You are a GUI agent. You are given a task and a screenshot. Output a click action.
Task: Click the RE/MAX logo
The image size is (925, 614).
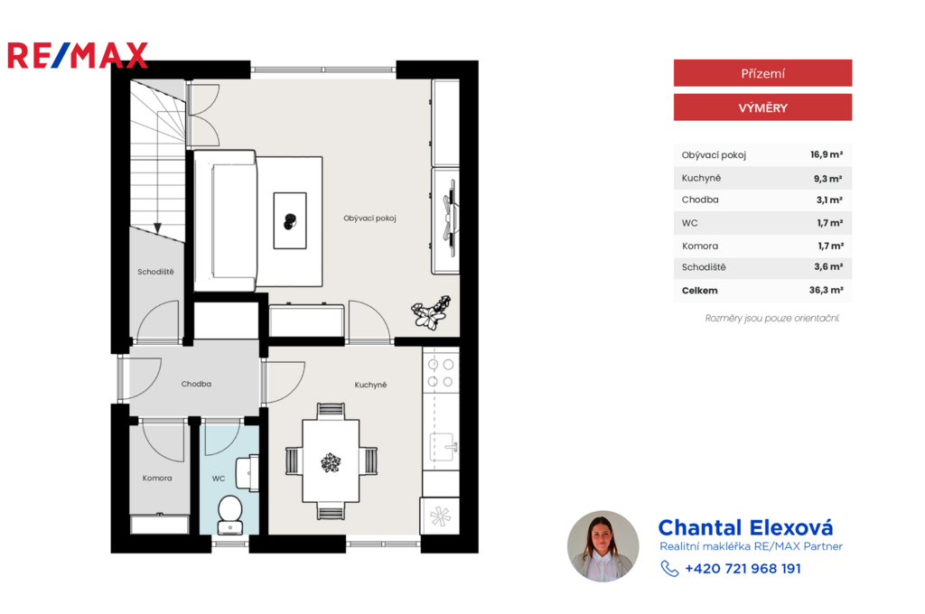pyautogui.click(x=78, y=55)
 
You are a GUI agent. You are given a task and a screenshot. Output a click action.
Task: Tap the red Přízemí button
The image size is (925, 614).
pyautogui.click(x=762, y=73)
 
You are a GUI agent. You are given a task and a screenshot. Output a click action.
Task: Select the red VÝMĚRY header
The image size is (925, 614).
pyautogui.click(x=762, y=107)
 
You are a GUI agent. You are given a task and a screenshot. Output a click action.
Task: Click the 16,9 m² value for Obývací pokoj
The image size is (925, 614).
pyautogui.click(x=827, y=154)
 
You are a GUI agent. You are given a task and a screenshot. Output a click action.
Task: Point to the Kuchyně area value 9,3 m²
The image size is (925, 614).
pyautogui.click(x=828, y=178)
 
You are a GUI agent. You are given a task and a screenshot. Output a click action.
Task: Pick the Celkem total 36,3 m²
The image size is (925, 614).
pyautogui.click(x=826, y=290)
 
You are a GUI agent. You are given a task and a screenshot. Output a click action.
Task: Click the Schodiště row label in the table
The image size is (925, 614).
pyautogui.click(x=704, y=267)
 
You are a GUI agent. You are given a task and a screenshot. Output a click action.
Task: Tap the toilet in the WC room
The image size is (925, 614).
pyautogui.click(x=230, y=515)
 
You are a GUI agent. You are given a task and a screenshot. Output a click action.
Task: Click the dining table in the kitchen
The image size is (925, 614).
pyautogui.click(x=331, y=460)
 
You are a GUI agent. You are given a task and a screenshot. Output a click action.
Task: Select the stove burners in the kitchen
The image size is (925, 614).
pyautogui.click(x=441, y=373)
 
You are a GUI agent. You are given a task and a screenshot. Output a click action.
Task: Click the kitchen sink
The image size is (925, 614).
pyautogui.click(x=443, y=446)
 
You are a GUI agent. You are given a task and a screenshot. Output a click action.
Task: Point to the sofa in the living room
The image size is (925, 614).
pyautogui.click(x=225, y=220)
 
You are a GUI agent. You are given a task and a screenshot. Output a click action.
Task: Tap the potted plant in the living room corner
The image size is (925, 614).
pyautogui.click(x=431, y=312)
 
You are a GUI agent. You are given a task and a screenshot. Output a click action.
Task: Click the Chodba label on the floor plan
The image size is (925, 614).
pyautogui.click(x=196, y=384)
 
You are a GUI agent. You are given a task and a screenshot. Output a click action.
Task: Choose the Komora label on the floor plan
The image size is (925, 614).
pyautogui.click(x=157, y=478)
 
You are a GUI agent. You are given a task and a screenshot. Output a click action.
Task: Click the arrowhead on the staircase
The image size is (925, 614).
pyautogui.click(x=157, y=228)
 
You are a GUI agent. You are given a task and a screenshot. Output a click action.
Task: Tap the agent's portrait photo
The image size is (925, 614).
pyautogui.click(x=603, y=546)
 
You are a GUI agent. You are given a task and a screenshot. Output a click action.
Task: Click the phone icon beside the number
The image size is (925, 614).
pyautogui.click(x=669, y=569)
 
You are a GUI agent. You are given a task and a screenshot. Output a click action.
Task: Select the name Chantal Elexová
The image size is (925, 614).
pyautogui.click(x=745, y=527)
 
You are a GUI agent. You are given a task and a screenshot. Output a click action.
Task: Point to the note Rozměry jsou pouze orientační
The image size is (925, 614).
pyautogui.click(x=771, y=319)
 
